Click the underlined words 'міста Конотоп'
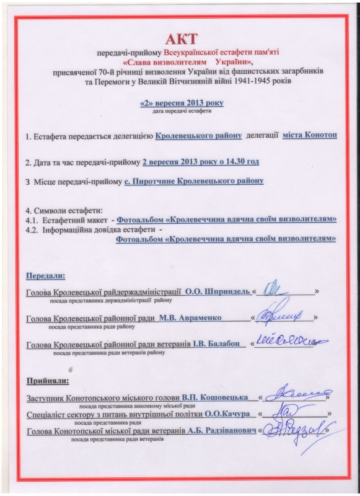tap(310, 136)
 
